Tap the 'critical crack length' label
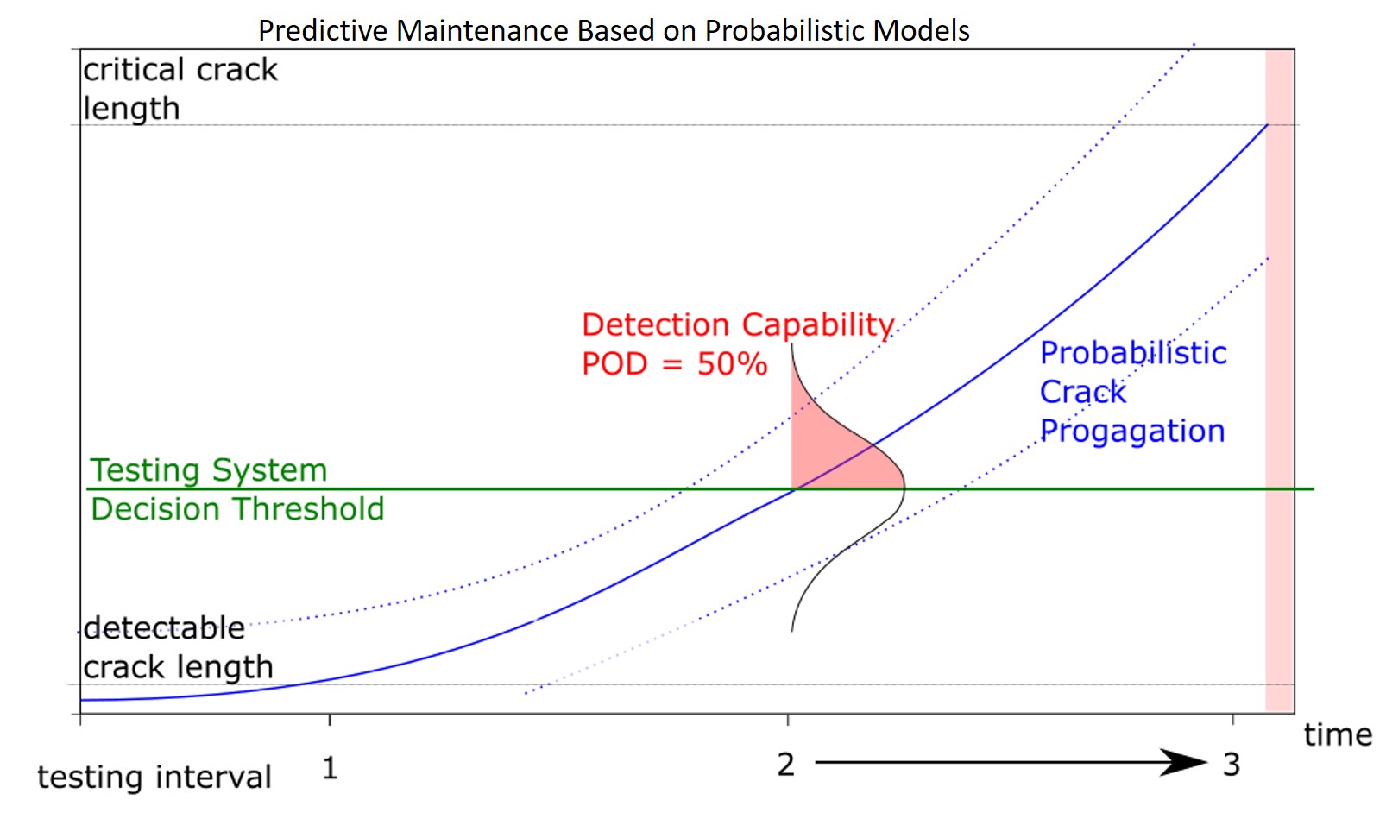click(x=180, y=89)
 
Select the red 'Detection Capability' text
click(x=738, y=324)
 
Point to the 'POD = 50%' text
click(x=674, y=363)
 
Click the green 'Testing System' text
click(x=209, y=470)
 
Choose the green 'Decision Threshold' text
click(x=237, y=509)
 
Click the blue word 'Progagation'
click(x=1131, y=431)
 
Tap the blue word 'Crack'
click(x=1082, y=392)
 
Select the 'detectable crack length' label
click(x=178, y=647)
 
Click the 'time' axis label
click(x=1337, y=734)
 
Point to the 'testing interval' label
click(x=154, y=777)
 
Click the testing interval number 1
click(x=330, y=767)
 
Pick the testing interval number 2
click(x=785, y=765)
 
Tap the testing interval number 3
click(x=1232, y=765)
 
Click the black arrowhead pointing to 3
click(x=1184, y=762)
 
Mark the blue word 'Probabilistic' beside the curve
click(x=1132, y=353)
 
